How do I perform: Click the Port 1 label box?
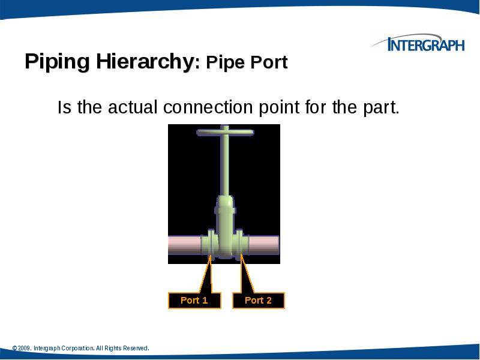pyautogui.click(x=194, y=301)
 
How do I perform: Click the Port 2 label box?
pyautogui.click(x=258, y=301)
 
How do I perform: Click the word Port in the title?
pyautogui.click(x=273, y=63)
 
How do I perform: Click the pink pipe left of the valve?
pyautogui.click(x=183, y=245)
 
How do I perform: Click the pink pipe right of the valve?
pyautogui.click(x=264, y=245)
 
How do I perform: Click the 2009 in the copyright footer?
pyautogui.click(x=25, y=349)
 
